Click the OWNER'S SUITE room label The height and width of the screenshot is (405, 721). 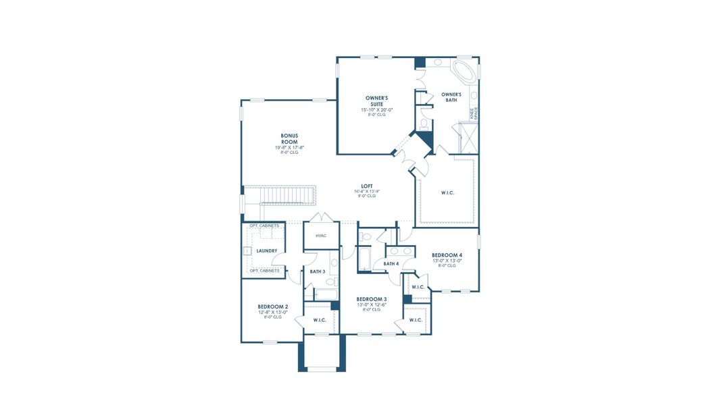pyautogui.click(x=376, y=101)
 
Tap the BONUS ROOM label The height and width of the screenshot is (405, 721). pyautogui.click(x=289, y=138)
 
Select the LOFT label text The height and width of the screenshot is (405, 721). pyautogui.click(x=367, y=186)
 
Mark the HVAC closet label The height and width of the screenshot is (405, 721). pyautogui.click(x=321, y=236)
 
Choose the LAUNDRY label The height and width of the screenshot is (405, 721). pyautogui.click(x=267, y=250)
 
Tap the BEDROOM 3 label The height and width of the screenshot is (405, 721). pyautogui.click(x=372, y=299)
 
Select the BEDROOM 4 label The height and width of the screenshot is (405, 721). pyautogui.click(x=447, y=255)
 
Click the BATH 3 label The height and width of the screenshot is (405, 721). pyautogui.click(x=318, y=271)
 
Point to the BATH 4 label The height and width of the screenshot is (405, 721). pyautogui.click(x=391, y=263)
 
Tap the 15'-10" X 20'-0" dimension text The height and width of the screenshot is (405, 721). pyautogui.click(x=376, y=109)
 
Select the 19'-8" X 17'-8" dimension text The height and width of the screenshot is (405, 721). pyautogui.click(x=289, y=147)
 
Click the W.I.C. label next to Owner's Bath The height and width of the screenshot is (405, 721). pyautogui.click(x=447, y=193)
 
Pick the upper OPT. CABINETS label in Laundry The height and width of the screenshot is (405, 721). pyautogui.click(x=264, y=225)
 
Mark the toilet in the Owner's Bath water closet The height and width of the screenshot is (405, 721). pyautogui.click(x=424, y=124)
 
